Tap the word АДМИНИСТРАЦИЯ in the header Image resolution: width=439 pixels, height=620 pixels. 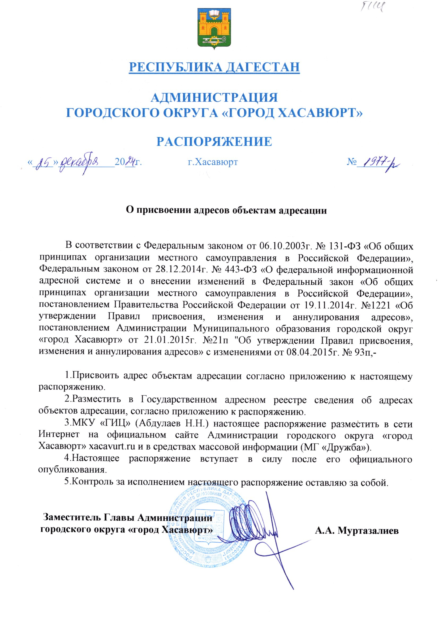(x=214, y=98)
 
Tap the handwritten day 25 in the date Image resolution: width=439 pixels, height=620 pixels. (x=43, y=163)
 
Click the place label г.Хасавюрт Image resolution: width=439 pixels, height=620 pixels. (x=213, y=162)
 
